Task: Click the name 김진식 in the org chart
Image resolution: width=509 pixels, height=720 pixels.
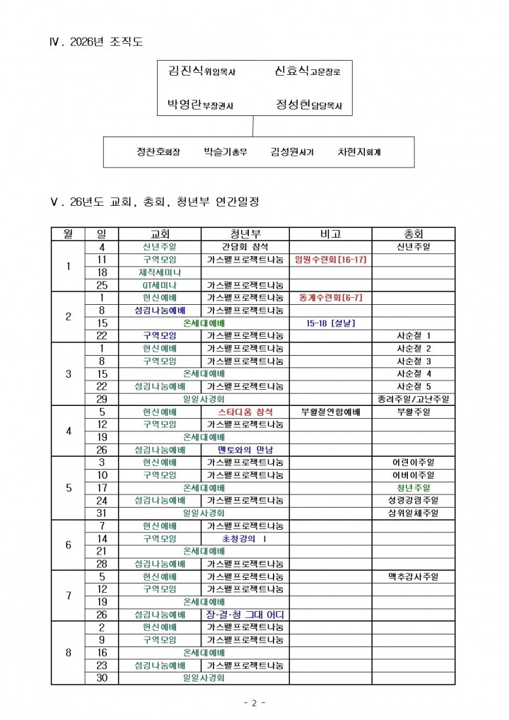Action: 186,71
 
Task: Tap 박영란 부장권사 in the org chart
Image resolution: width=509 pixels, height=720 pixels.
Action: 200,105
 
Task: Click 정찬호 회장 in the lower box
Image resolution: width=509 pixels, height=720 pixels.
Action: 158,151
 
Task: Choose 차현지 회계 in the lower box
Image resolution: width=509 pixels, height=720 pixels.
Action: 359,151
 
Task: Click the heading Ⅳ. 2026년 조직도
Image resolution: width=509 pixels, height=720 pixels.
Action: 96,42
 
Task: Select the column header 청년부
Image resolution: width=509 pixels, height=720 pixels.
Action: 245,234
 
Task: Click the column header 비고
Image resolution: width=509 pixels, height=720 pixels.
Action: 330,234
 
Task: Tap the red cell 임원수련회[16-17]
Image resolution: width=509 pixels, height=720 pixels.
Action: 330,260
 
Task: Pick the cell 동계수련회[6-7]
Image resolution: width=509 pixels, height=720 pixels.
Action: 330,298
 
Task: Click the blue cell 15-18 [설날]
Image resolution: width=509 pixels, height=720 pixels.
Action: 330,323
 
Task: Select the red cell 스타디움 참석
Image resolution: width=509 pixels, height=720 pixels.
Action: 245,412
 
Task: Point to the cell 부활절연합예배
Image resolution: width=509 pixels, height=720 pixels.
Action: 330,412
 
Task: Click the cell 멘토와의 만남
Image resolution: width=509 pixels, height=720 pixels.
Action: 245,450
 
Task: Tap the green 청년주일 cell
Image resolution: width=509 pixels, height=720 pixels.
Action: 414,488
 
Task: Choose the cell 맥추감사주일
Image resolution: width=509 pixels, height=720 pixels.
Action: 414,576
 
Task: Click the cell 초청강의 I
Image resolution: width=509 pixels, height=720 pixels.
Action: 245,539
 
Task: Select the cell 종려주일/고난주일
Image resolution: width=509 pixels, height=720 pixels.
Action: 414,399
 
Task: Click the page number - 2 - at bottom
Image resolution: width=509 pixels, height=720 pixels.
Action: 255,703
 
